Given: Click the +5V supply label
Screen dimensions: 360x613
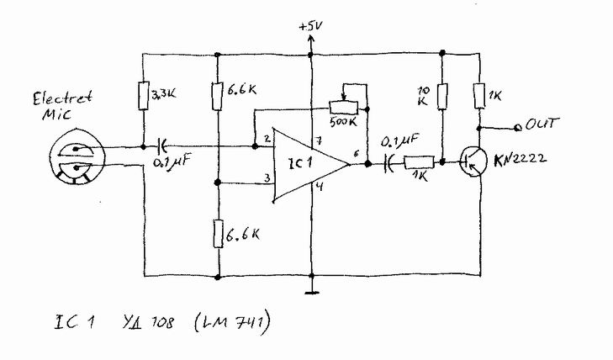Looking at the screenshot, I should [310, 28].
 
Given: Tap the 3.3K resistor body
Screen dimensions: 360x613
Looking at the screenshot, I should [144, 94].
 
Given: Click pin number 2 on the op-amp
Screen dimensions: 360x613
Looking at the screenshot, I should [266, 139].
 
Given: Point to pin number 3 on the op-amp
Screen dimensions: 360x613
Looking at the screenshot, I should [266, 178].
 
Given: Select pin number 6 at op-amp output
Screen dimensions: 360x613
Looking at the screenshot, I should [357, 154].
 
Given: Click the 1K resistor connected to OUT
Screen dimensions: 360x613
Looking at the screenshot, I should [478, 95].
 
